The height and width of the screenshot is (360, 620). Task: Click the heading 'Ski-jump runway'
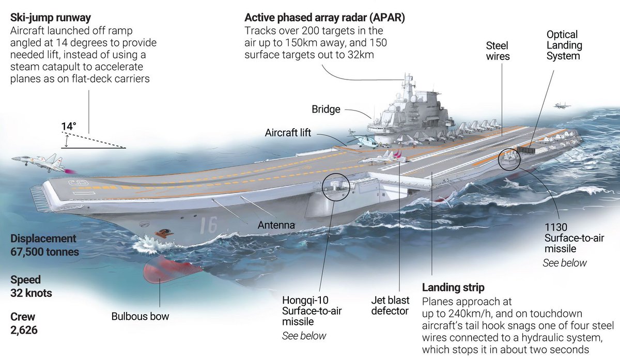(51, 19)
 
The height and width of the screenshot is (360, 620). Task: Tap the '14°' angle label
(68, 126)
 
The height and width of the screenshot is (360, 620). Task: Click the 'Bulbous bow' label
(140, 316)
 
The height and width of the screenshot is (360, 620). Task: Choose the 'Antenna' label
(276, 225)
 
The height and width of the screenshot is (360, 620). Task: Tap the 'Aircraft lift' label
(288, 133)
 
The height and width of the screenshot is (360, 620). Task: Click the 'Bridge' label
(326, 109)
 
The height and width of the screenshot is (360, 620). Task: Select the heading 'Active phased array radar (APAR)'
(325, 18)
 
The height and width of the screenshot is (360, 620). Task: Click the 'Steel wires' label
(498, 51)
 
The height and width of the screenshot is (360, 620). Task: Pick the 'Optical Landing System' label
(564, 45)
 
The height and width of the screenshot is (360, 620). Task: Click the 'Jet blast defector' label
(390, 306)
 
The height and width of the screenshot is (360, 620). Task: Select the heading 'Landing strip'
(453, 288)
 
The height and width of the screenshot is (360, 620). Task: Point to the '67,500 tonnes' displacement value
(44, 252)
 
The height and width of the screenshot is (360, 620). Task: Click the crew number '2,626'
(24, 330)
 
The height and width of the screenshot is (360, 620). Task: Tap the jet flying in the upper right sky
(562, 106)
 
